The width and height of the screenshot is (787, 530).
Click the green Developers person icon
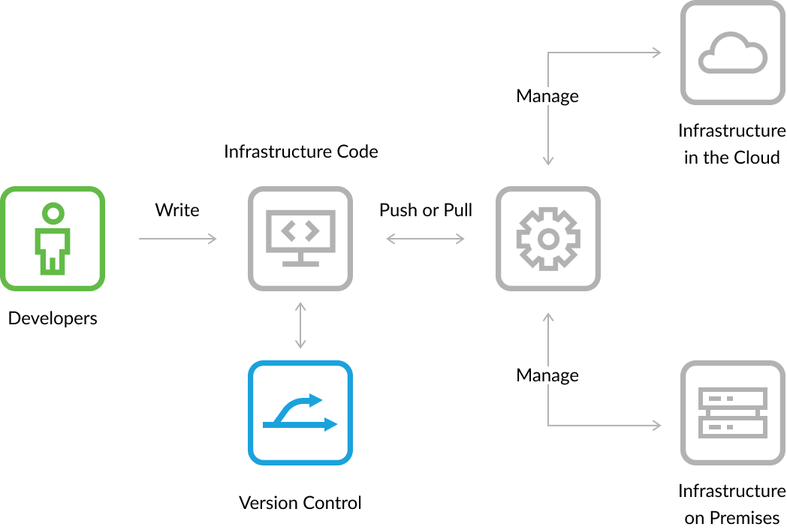(53, 239)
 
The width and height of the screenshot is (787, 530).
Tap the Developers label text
(53, 318)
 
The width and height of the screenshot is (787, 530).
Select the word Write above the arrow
(177, 210)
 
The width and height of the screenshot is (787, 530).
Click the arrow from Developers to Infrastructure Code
(178, 239)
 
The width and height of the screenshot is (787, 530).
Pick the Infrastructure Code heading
(300, 152)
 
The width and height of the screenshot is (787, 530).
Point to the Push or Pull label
(426, 210)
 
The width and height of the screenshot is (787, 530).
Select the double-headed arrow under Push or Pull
(425, 239)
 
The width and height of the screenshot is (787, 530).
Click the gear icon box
(548, 239)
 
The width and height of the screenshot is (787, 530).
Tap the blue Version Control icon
(300, 414)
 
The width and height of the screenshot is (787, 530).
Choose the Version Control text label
(300, 503)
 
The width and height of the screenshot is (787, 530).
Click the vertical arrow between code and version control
(300, 326)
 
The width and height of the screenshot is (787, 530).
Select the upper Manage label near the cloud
(547, 96)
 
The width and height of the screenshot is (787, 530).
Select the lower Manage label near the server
(547, 375)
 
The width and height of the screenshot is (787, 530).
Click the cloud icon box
(732, 53)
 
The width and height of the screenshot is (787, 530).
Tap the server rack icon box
(732, 414)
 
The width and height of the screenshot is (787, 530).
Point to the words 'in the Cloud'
(732, 158)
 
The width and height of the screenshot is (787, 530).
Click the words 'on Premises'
(732, 518)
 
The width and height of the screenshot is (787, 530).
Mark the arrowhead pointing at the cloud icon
(656, 53)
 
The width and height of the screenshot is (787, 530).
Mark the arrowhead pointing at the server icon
(656, 426)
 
